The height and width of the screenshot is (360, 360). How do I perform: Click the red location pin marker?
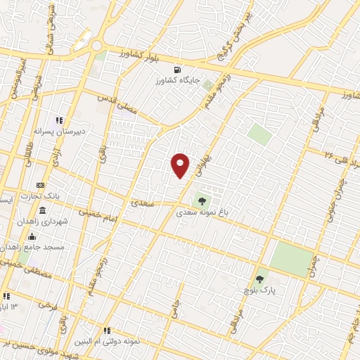click(x=181, y=165)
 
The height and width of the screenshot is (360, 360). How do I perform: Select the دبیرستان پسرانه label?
click(x=60, y=130)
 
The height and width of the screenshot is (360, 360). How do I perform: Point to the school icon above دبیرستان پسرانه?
click(x=60, y=120)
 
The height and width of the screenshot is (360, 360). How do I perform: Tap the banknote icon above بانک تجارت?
click(x=40, y=185)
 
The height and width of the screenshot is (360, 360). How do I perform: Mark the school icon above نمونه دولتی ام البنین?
click(x=106, y=330)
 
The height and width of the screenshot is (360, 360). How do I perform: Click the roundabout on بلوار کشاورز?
click(x=96, y=46)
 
